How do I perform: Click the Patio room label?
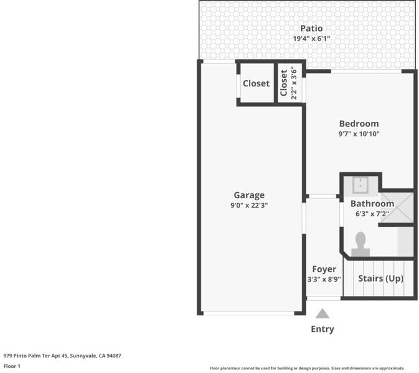(311, 28)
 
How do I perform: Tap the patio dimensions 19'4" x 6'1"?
(311, 39)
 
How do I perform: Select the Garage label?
(249, 195)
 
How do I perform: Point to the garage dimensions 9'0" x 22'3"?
(249, 205)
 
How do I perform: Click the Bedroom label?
(359, 124)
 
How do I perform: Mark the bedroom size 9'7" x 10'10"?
(359, 134)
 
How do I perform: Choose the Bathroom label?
(372, 203)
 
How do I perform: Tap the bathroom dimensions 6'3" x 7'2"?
(372, 214)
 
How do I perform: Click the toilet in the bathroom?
(360, 244)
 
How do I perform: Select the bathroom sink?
(360, 185)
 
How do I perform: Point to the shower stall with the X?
(397, 208)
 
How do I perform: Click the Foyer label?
(324, 269)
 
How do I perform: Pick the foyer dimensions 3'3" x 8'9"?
(324, 279)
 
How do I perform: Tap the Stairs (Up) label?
(381, 279)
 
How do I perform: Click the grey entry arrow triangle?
(322, 313)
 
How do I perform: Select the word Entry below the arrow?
(322, 329)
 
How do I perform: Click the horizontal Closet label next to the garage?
(256, 83)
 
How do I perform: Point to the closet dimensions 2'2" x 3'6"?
(294, 85)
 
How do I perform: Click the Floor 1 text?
(12, 366)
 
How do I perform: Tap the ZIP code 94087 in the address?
(114, 356)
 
